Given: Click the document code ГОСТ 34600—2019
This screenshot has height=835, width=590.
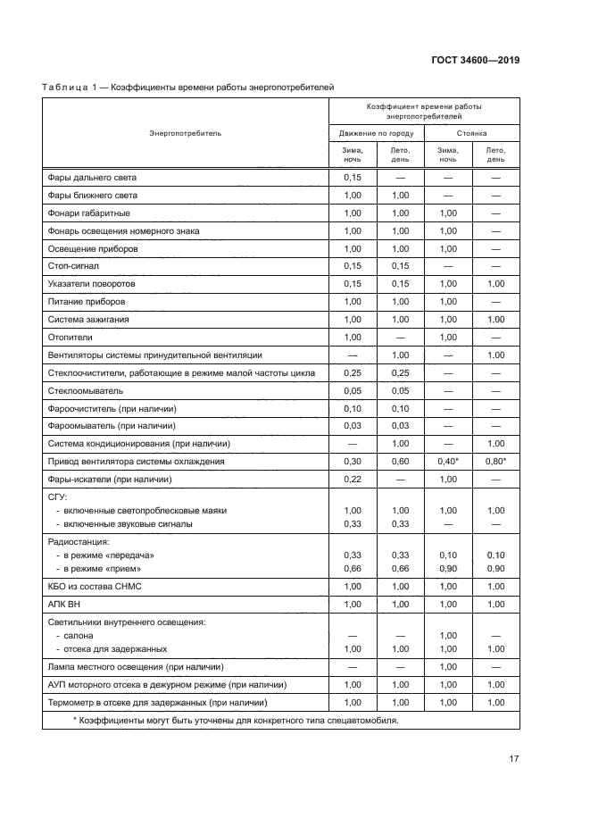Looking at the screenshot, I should pos(475,61).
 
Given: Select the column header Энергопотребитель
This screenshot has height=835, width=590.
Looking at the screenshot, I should pos(186,133).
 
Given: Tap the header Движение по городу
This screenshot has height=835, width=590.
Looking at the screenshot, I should pos(376,133).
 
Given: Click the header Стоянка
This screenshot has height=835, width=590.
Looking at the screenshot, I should pos(471,133).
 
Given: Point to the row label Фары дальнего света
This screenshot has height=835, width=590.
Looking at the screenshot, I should pos(92,178).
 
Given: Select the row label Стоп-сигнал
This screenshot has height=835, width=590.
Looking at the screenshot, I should pos(73,265).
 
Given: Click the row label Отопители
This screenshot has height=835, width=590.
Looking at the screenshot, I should pos(70,337).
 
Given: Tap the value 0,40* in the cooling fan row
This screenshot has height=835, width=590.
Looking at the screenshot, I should pos(448,462).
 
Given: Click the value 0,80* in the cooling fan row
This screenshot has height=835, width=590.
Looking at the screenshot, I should pos(496,462).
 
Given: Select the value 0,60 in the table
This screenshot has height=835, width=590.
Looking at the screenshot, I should pos(400,462).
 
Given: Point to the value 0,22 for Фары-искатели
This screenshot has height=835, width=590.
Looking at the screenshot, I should pos(352,480).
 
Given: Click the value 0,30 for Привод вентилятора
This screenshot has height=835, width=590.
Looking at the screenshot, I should pos(352,462).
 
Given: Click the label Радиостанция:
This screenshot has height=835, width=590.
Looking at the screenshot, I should pos(78,541).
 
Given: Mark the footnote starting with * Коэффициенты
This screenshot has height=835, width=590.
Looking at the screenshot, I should pos(235,720).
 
